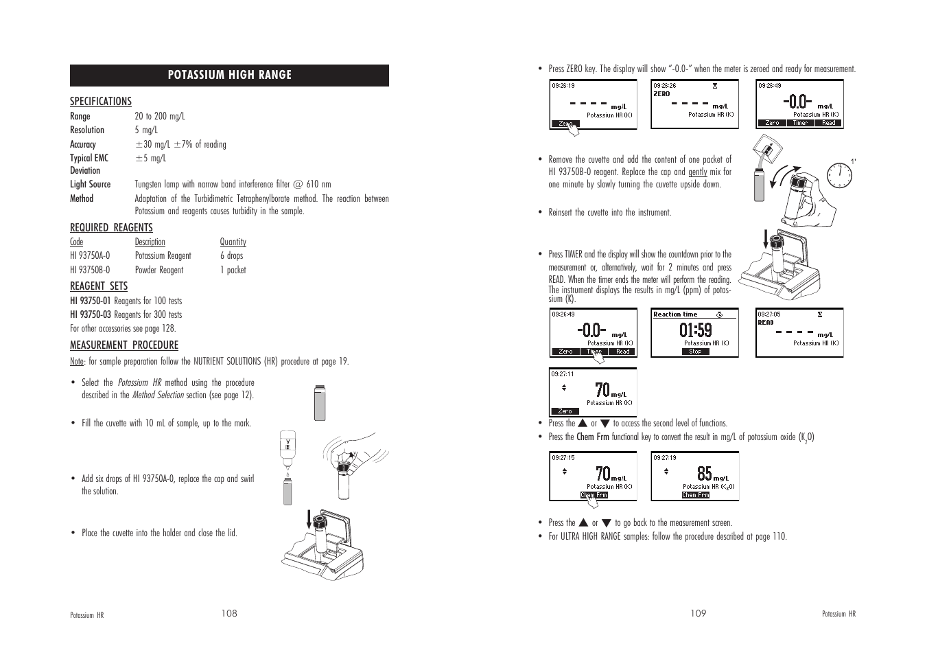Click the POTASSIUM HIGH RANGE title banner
click(229, 76)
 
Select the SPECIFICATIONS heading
click(100, 102)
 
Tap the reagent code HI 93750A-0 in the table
click(90, 256)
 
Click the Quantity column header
click(233, 242)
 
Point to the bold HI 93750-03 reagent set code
click(90, 315)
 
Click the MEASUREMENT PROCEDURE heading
click(124, 345)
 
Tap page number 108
click(229, 614)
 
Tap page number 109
click(698, 614)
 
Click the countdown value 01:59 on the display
click(695, 330)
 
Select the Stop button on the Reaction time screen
click(695, 352)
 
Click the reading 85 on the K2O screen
click(704, 473)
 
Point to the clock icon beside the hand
click(838, 176)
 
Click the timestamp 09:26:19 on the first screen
click(563, 86)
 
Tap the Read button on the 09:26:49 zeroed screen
click(828, 124)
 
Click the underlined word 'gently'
click(697, 172)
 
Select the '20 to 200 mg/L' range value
click(159, 117)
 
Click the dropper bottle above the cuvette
click(288, 446)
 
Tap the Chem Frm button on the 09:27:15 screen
click(594, 495)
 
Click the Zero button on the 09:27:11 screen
click(565, 411)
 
